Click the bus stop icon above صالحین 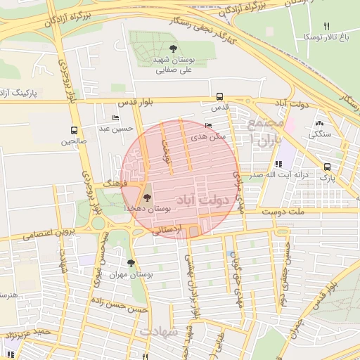coord(74,130)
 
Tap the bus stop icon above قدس coord(220,96)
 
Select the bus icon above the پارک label coord(328,167)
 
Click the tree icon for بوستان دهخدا coord(147,198)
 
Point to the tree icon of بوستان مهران coord(131,263)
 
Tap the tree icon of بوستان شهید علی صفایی coord(173,49)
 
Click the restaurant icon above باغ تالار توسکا coord(326,25)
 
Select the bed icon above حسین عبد coord(115,117)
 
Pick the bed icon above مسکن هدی coord(207,125)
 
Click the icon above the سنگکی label coord(320,123)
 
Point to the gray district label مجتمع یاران coord(264,131)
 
